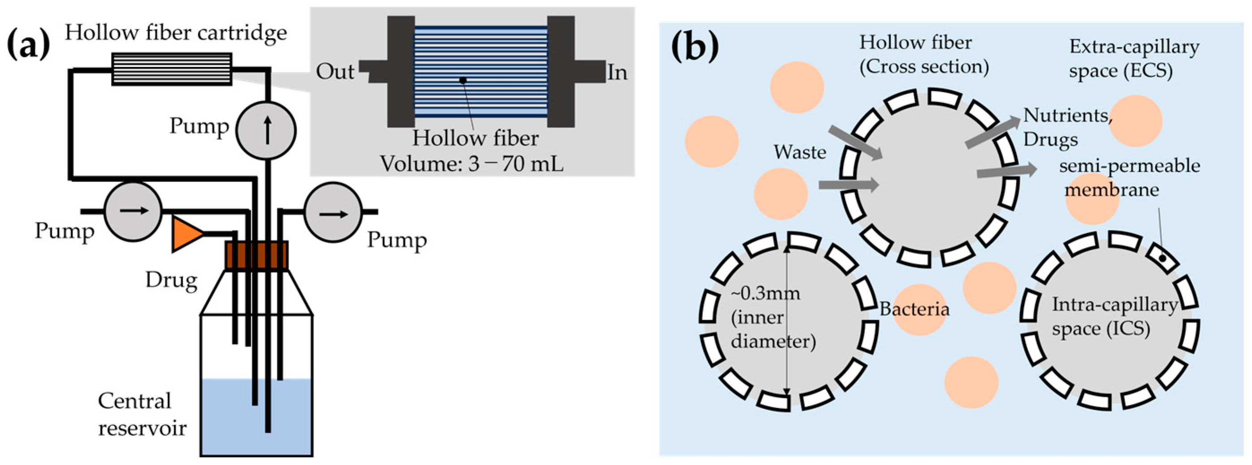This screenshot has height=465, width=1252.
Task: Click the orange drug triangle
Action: [x=185, y=234]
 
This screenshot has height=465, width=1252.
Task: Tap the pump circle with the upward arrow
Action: [x=266, y=130]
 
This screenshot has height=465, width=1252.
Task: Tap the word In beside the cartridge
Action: [x=617, y=73]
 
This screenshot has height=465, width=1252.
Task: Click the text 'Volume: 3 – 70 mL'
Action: [x=471, y=164]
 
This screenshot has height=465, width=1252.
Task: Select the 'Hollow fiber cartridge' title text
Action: [x=176, y=33]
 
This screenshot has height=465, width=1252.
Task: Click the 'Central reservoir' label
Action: [x=142, y=414]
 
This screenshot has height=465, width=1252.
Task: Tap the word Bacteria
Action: [x=914, y=309]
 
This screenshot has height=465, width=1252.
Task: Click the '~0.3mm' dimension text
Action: [x=766, y=293]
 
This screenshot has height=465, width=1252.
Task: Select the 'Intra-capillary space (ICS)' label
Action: [x=1114, y=317]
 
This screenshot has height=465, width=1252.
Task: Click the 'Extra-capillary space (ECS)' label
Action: [x=1134, y=59]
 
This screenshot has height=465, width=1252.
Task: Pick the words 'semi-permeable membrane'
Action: [x=1130, y=178]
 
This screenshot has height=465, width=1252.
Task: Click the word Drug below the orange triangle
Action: [x=172, y=281]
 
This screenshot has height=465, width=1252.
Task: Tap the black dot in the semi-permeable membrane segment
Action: [x=1162, y=258]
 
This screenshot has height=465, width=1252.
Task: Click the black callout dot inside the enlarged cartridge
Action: [x=463, y=80]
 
